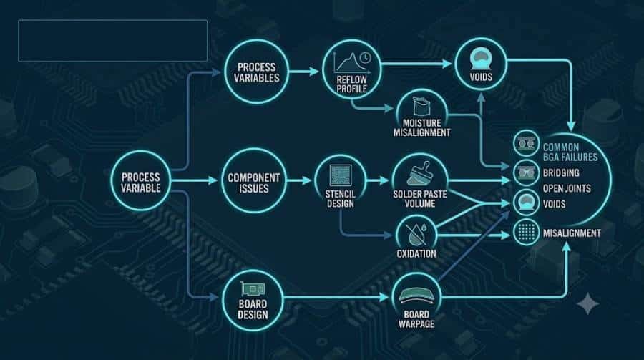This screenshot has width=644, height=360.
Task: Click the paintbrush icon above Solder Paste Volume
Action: tap(420, 173)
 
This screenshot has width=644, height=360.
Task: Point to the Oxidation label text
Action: tap(416, 253)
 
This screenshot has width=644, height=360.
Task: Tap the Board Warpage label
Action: tap(416, 319)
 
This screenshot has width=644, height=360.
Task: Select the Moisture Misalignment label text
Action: tap(421, 128)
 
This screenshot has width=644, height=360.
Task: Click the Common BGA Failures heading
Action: tap(570, 152)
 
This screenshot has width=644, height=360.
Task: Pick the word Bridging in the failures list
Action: tap(561, 173)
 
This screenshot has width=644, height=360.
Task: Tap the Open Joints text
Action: tap(567, 189)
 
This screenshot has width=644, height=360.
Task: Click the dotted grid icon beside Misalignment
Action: tap(526, 232)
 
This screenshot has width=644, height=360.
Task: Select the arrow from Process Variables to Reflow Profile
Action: tap(304, 72)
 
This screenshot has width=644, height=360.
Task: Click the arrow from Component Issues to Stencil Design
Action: tap(299, 180)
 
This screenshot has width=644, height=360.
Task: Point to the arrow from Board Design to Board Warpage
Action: tap(336, 297)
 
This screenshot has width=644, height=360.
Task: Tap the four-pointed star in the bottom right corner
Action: tap(587, 303)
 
